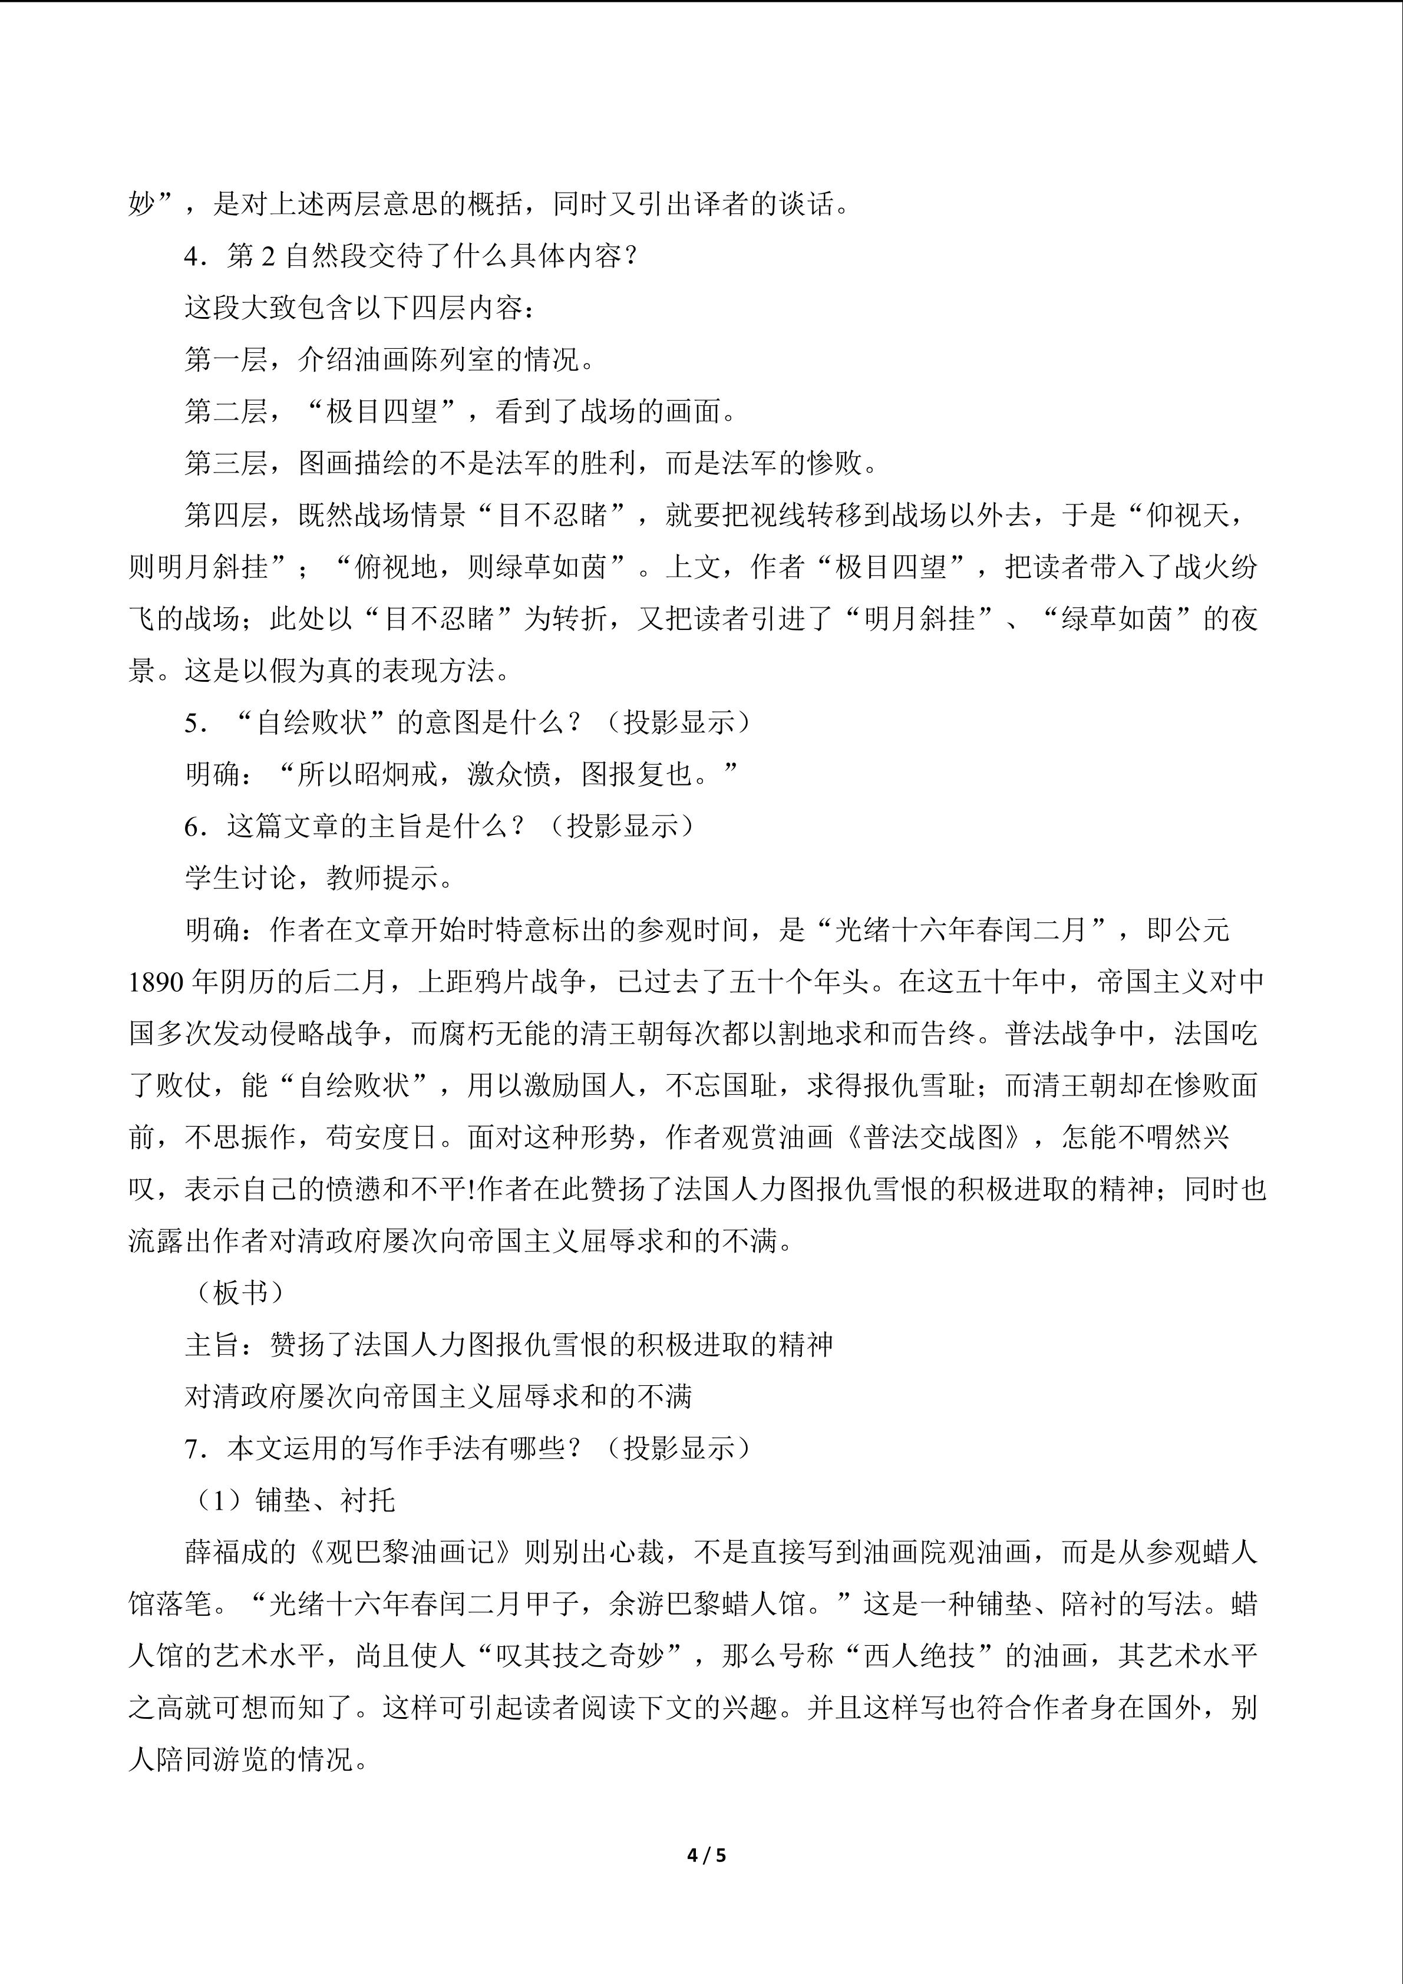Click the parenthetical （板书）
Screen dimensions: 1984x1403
coord(235,1293)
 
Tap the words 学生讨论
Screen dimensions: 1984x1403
coord(240,879)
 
